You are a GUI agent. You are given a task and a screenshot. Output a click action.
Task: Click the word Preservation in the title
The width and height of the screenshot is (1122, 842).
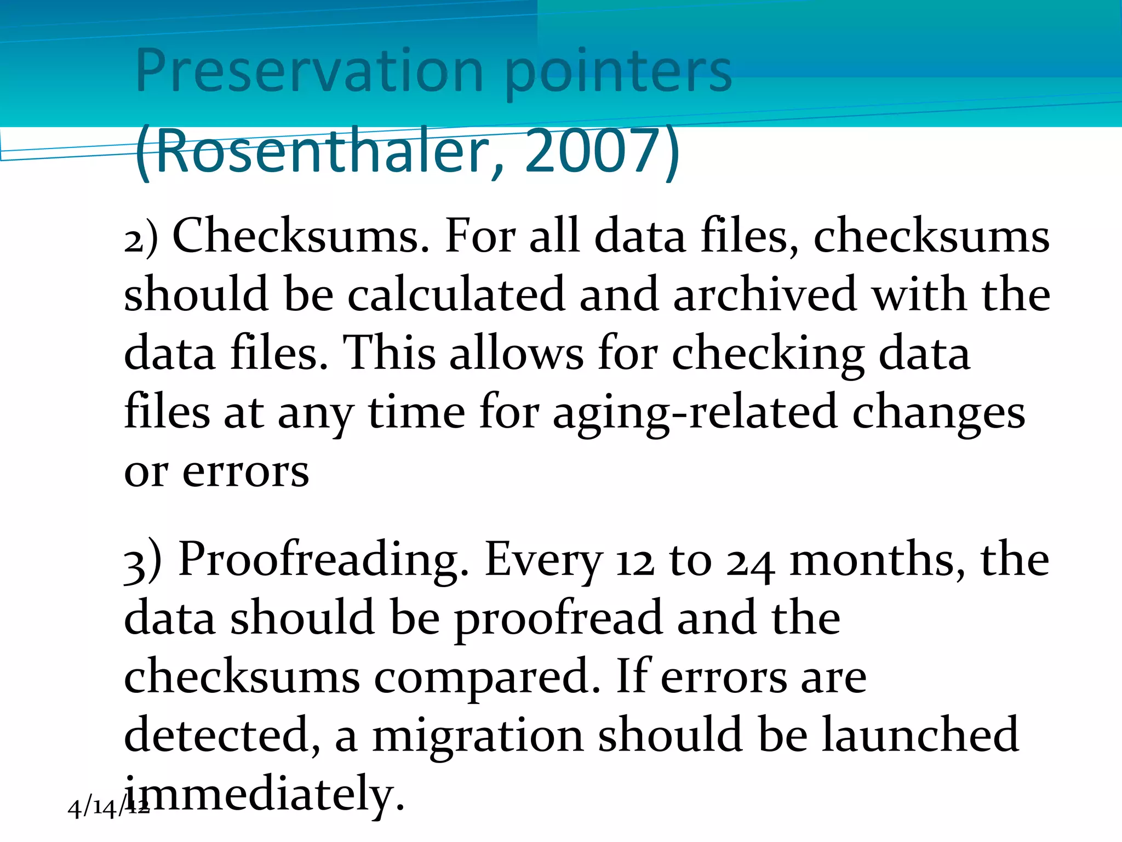pyautogui.click(x=309, y=71)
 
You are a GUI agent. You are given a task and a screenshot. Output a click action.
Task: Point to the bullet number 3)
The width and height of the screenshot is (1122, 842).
pyautogui.click(x=143, y=560)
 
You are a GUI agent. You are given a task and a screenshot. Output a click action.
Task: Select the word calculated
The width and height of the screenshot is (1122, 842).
pyautogui.click(x=456, y=295)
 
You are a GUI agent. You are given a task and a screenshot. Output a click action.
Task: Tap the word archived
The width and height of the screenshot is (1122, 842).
pyautogui.click(x=765, y=295)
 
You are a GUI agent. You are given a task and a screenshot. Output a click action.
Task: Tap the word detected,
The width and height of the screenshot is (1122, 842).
pyautogui.click(x=222, y=736)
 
